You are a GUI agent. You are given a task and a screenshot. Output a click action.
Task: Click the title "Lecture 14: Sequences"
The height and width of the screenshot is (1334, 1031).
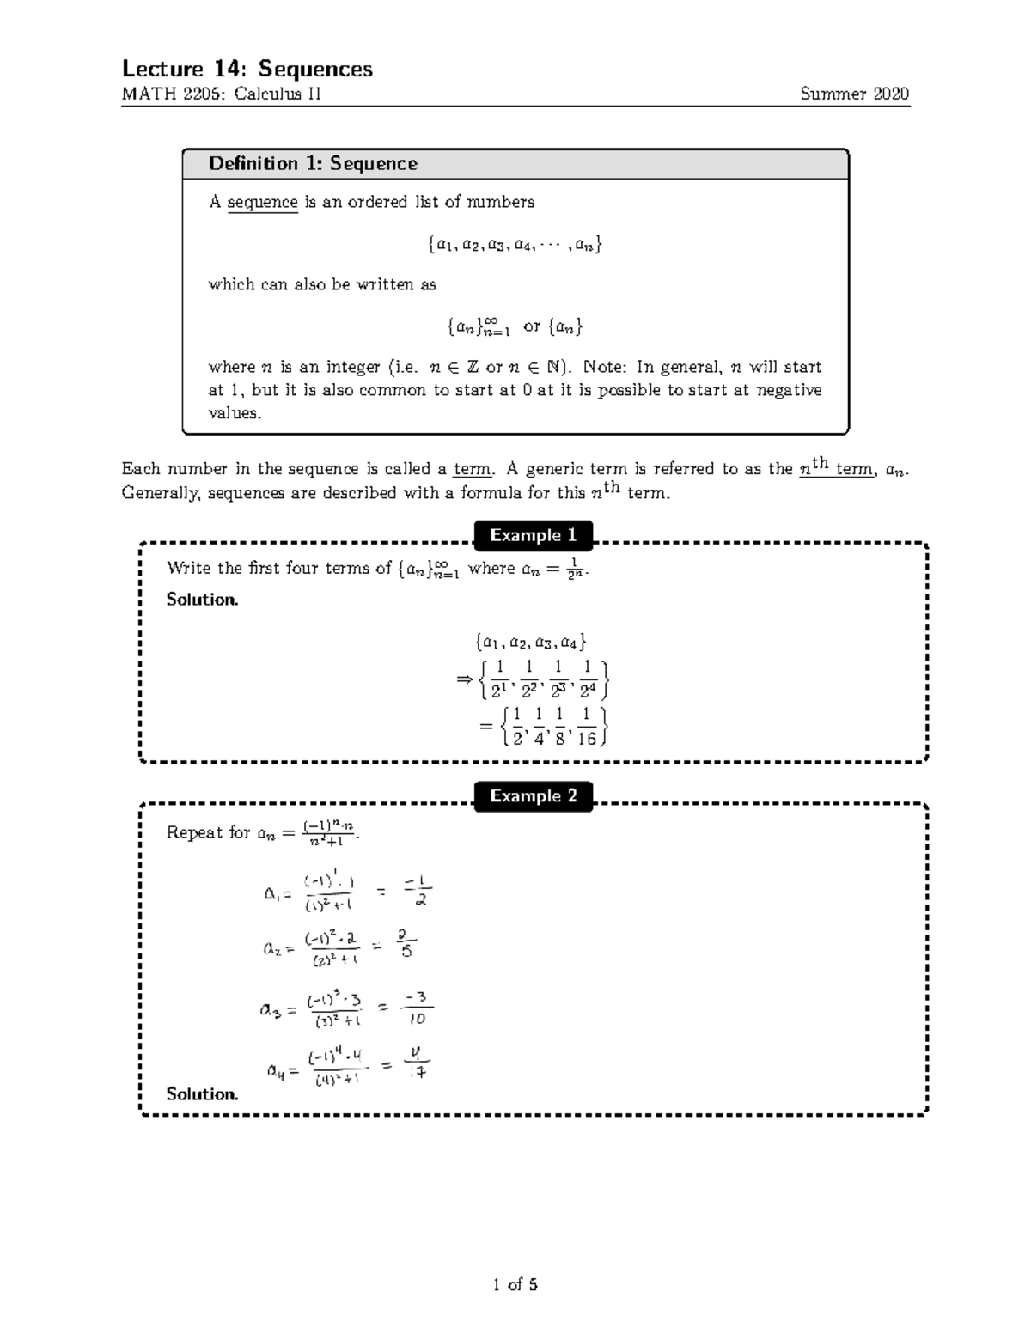pos(247,69)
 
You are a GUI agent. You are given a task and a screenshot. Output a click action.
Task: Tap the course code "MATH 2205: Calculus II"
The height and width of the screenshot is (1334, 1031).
pos(222,94)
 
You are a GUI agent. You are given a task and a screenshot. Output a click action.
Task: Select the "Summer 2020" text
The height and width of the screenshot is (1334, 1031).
pos(854,94)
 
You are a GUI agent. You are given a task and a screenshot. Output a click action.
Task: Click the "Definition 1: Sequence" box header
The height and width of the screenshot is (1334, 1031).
pos(313,164)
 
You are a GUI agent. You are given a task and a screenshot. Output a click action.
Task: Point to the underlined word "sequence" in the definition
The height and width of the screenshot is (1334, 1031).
pos(262,203)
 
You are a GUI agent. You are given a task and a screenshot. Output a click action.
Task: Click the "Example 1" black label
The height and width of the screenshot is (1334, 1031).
pos(533,535)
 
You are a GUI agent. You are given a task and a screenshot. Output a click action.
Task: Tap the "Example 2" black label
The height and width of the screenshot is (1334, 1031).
pos(533,796)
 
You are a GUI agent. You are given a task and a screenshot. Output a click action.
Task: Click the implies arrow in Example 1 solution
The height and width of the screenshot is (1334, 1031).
pos(465,680)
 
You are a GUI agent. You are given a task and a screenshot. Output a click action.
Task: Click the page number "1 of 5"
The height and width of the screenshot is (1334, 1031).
pos(515,1285)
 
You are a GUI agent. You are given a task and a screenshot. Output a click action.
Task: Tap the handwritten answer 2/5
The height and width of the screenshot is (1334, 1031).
pos(406,943)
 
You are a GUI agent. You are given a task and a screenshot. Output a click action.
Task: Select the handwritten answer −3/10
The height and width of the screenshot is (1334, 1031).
pos(418,1008)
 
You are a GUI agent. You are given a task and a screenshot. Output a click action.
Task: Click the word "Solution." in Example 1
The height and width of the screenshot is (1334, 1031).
pos(202,600)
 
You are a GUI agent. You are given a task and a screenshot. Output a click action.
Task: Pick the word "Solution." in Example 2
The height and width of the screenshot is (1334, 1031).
pos(202,1094)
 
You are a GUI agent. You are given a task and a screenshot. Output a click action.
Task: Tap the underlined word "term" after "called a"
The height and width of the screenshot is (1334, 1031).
pos(472,470)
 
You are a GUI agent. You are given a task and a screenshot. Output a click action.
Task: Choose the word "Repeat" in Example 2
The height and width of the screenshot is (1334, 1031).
pos(195,832)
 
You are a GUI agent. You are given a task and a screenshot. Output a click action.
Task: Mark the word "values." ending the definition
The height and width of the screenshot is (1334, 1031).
pos(234,413)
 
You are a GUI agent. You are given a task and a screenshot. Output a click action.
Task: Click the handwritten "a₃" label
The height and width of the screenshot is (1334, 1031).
pos(271,1010)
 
